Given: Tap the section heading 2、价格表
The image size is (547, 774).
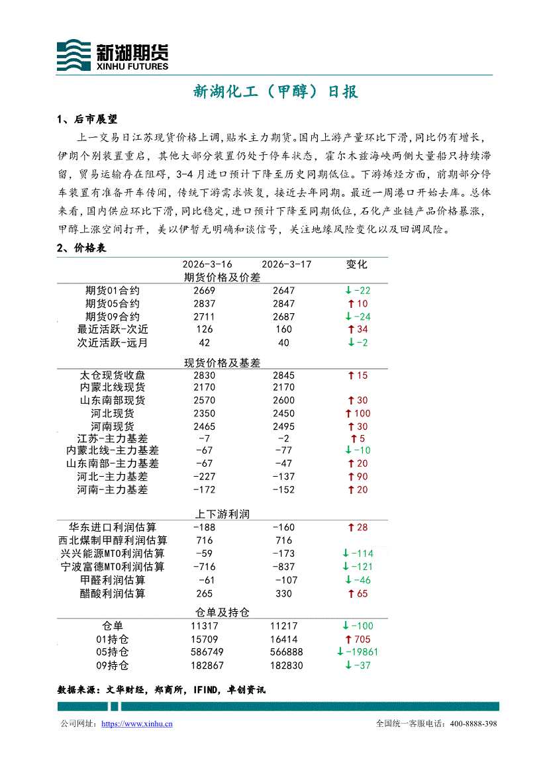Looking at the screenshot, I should click(83, 248).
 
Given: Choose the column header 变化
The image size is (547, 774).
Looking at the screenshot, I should click(356, 264).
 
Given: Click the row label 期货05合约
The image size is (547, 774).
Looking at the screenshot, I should click(113, 303).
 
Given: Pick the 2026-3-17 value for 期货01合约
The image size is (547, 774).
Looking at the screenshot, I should click(283, 291).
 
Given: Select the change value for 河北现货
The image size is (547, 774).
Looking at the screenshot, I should click(358, 413).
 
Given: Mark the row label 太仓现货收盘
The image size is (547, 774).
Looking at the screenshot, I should click(113, 375).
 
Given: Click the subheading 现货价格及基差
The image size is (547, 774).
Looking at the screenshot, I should click(222, 362).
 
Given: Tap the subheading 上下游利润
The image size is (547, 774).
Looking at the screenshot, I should click(222, 514).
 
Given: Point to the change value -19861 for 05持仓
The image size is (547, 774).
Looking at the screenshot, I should click(358, 652).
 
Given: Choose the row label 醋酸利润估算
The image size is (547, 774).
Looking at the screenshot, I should click(113, 594).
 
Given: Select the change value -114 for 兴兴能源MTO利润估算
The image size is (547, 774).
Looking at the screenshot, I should click(358, 554).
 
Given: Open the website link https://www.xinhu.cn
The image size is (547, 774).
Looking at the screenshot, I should click(137, 724).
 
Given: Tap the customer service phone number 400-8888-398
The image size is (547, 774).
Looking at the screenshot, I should click(473, 724).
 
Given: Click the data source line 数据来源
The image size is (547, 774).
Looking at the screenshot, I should click(162, 689).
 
